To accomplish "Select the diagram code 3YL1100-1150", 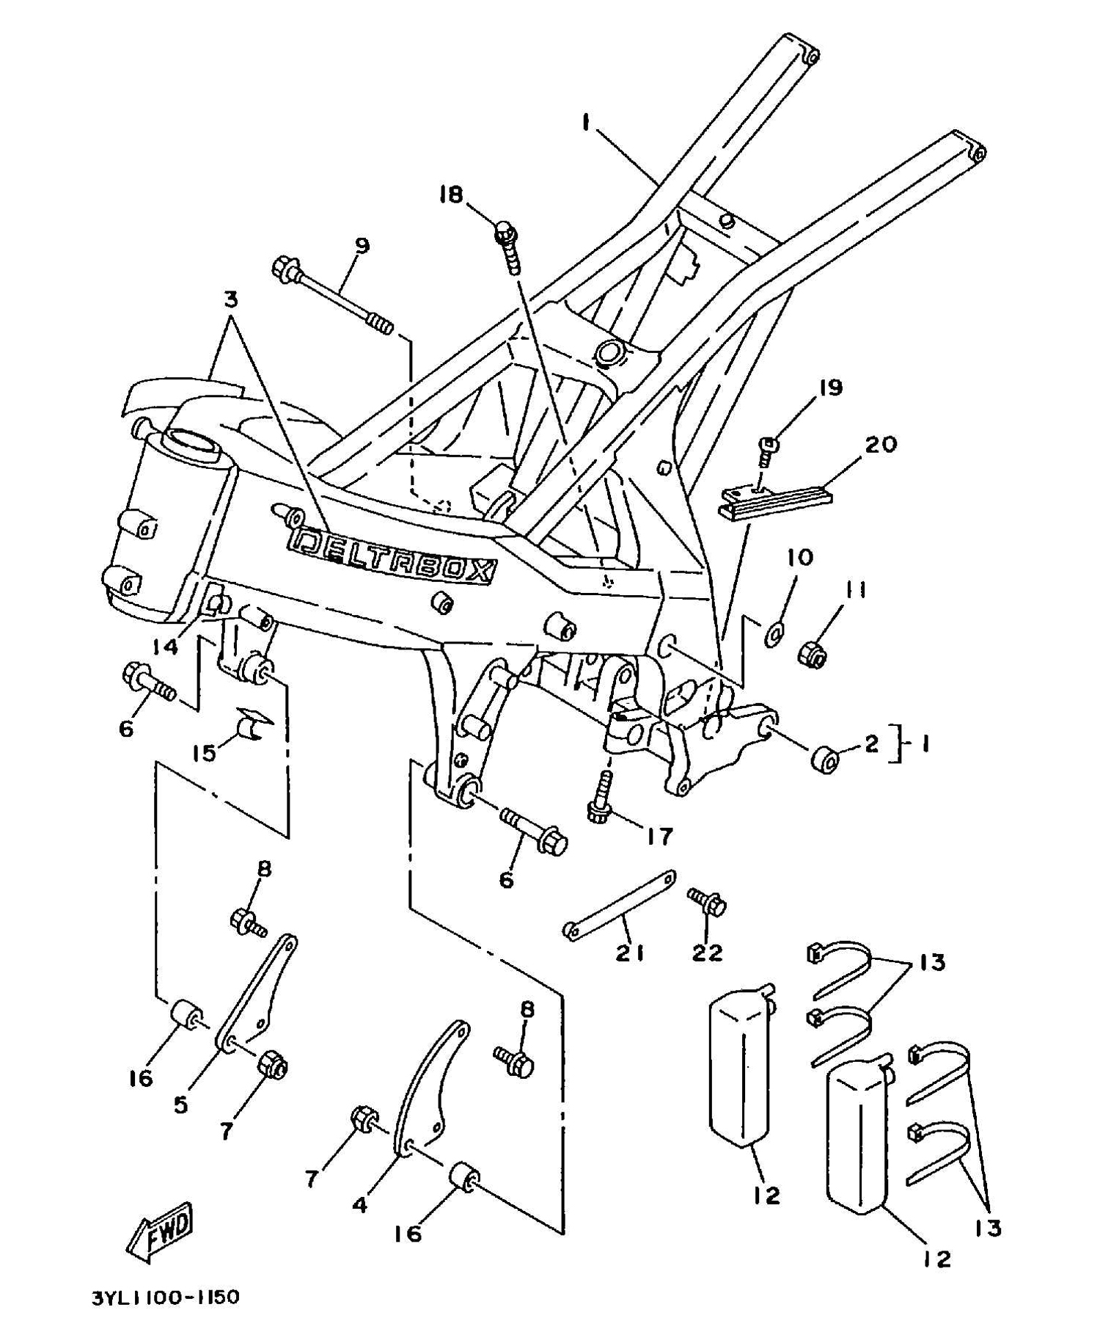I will click(165, 1298).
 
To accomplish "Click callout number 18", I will click(452, 194).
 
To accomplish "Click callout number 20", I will click(881, 445).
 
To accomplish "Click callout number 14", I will click(165, 647).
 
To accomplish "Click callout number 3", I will click(230, 299).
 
